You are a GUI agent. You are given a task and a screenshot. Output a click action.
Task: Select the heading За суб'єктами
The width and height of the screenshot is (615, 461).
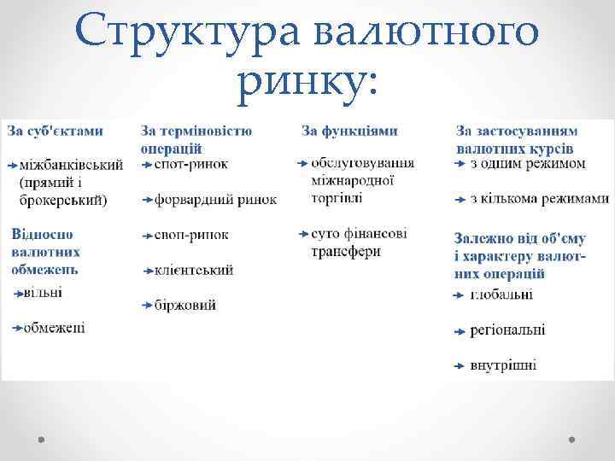(56, 131)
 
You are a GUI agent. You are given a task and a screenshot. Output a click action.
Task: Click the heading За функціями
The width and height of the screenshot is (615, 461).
(349, 131)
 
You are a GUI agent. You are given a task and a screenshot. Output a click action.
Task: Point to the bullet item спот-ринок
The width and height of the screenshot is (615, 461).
(191, 164)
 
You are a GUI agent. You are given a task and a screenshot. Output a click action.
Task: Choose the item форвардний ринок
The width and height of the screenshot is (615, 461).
(215, 200)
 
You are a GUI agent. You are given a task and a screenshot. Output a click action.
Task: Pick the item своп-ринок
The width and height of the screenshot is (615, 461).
(192, 235)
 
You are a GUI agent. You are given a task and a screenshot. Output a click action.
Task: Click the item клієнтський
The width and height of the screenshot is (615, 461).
(194, 270)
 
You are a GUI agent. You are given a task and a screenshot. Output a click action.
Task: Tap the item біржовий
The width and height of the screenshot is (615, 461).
(185, 305)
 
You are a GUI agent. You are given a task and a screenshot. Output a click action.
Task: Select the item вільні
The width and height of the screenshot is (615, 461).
(43, 293)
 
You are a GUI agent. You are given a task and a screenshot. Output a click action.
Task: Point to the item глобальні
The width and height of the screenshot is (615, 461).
(501, 295)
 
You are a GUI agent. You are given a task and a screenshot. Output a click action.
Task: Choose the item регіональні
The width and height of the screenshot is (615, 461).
(507, 330)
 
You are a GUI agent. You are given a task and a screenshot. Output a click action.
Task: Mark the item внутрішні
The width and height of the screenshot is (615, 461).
(503, 365)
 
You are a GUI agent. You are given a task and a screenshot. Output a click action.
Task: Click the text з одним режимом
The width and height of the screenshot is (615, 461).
(528, 163)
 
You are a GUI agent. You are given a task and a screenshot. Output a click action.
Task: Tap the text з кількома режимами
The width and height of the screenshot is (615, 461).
(539, 199)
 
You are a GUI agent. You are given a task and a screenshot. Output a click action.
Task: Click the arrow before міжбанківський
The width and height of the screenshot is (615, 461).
(12, 164)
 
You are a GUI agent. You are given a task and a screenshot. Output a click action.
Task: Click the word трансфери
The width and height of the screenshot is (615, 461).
(346, 252)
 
